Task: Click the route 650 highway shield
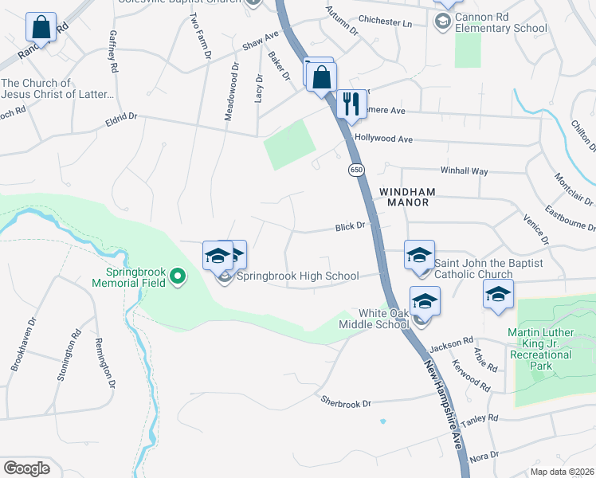pyautogui.click(x=355, y=170)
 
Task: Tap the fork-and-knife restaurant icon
pyautogui.click(x=351, y=103)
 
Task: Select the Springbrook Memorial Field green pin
pyautogui.click(x=178, y=276)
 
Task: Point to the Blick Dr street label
pyautogui.click(x=350, y=226)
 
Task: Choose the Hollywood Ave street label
pyautogui.click(x=383, y=139)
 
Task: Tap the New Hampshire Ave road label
pyautogui.click(x=444, y=403)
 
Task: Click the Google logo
pyautogui.click(x=26, y=468)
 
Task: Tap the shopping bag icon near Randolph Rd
pyautogui.click(x=41, y=28)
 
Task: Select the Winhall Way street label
pyautogui.click(x=464, y=170)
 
